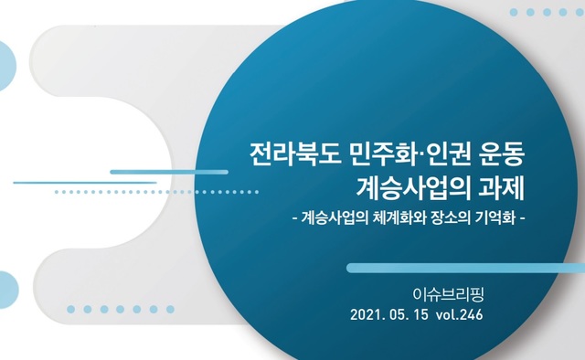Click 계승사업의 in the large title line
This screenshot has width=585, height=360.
(x=413, y=188)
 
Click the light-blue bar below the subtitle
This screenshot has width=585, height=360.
(x=465, y=268)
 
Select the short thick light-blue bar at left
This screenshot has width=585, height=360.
(x=168, y=172)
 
